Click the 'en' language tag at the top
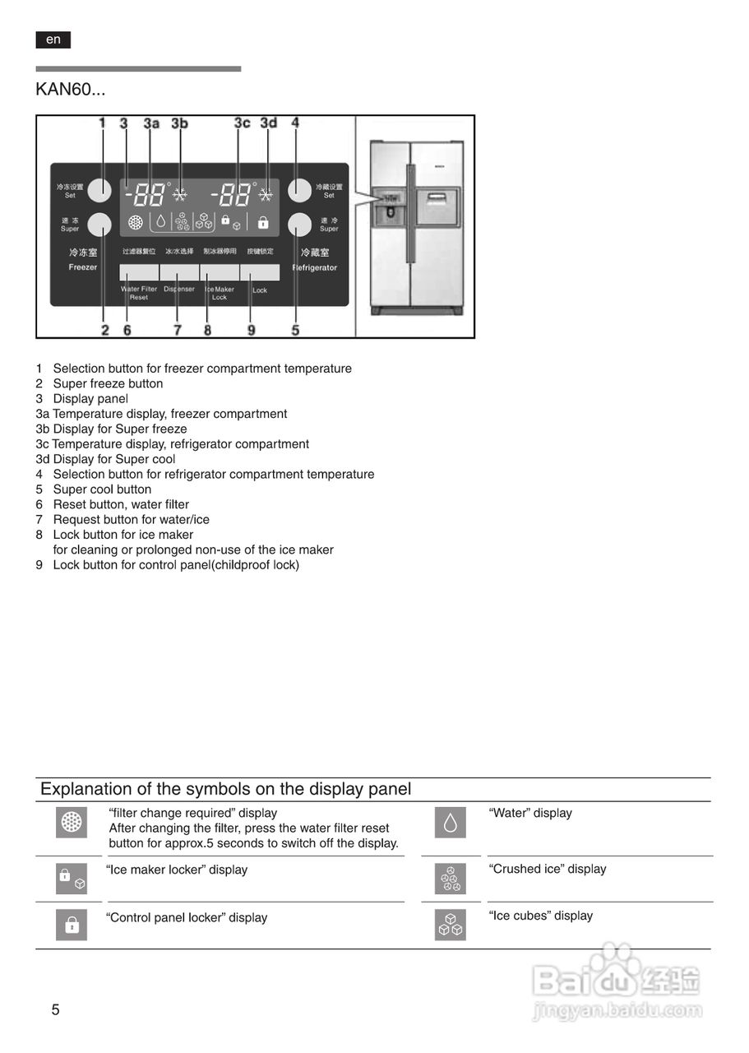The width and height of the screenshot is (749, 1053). (53, 39)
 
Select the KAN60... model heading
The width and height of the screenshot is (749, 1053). (70, 88)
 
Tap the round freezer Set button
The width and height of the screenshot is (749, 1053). (99, 190)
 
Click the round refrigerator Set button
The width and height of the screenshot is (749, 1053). (300, 190)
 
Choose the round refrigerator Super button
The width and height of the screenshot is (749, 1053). (300, 225)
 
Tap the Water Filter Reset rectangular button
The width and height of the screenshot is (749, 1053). (139, 272)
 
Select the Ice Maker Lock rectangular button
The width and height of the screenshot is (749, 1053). (220, 272)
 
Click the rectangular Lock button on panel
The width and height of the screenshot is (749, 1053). (260, 272)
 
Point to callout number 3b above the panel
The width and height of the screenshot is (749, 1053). (179, 123)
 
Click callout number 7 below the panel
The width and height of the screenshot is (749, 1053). (177, 330)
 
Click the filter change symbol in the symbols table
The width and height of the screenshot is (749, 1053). (72, 823)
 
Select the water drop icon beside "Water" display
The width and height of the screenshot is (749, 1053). (451, 823)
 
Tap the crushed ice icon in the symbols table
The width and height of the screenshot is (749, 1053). (451, 879)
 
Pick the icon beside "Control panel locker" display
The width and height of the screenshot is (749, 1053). (72, 925)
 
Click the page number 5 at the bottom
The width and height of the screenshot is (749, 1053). (55, 1010)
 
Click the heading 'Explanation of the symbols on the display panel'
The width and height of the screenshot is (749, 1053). (226, 789)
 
